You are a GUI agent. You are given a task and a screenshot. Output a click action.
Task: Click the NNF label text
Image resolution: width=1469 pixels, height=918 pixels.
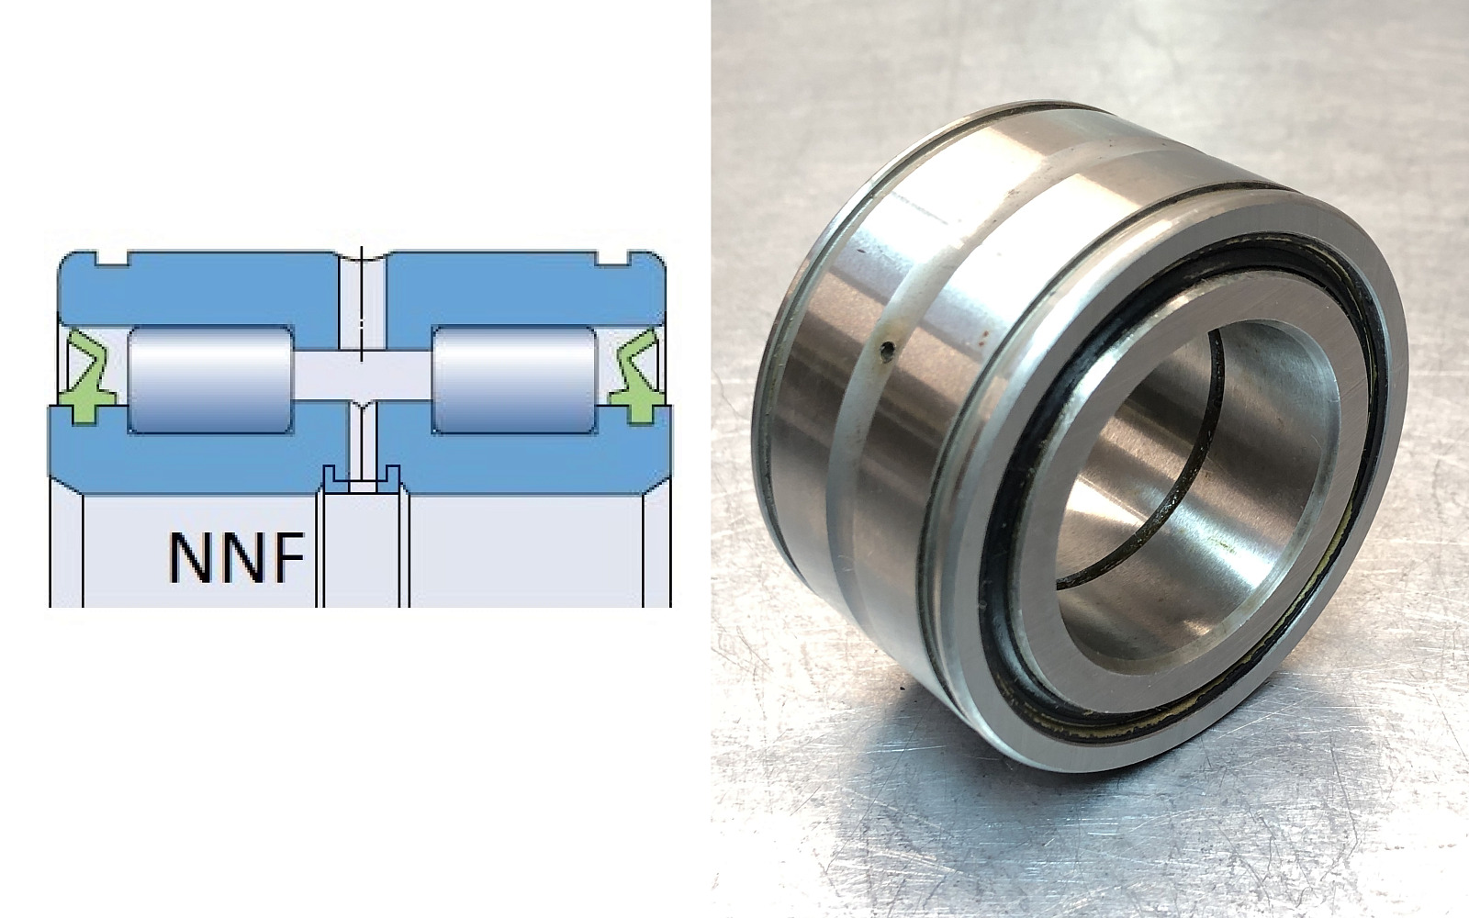[237, 558]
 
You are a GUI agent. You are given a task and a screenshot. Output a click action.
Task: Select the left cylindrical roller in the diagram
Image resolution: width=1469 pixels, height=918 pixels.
[210, 380]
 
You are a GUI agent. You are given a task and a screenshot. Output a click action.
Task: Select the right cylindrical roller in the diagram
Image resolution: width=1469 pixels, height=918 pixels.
[514, 380]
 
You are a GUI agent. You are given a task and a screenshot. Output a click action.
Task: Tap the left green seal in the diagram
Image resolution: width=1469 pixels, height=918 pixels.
[87, 377]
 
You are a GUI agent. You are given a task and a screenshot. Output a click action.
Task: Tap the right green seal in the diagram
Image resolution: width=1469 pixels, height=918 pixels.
[634, 377]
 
